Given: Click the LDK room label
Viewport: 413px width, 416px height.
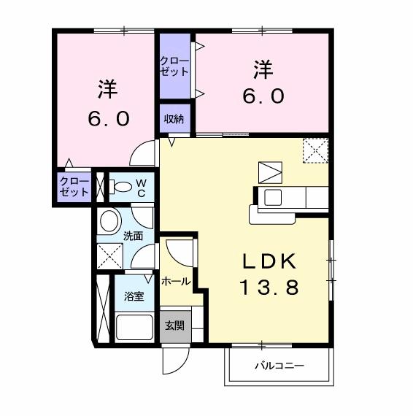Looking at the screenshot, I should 268,261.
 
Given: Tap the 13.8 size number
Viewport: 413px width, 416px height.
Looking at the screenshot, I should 268,288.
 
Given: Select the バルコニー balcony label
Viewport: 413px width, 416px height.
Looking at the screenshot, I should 279,365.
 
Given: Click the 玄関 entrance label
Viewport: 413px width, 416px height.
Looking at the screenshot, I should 174,326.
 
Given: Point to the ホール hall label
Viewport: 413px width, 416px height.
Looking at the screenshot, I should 176,281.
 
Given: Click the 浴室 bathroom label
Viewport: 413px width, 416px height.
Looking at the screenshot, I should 133,297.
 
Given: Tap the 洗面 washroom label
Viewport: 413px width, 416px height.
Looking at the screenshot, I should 133,236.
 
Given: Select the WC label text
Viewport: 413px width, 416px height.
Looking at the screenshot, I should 142,187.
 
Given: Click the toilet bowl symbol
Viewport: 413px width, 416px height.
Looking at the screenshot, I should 120,187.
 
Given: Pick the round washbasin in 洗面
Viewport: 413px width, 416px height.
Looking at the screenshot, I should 110,220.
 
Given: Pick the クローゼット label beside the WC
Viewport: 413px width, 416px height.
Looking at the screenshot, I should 74,186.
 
